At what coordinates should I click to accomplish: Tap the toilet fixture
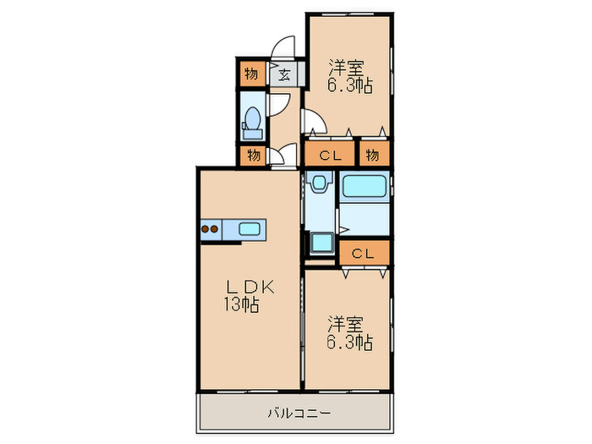[252, 121]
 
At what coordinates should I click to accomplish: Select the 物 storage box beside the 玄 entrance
[252, 74]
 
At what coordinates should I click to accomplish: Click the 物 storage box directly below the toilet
[252, 156]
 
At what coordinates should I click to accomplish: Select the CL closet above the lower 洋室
[364, 253]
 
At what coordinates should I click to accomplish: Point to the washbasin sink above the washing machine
[318, 184]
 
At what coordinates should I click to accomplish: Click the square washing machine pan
[321, 243]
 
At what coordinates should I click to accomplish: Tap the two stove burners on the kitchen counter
[210, 227]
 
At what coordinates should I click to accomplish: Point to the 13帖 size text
[241, 305]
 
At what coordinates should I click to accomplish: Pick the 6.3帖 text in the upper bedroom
[350, 86]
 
